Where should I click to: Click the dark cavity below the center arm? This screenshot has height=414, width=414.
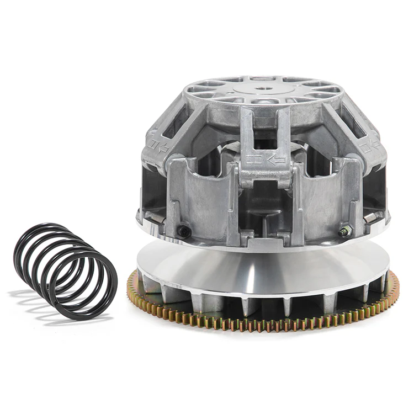[x=264, y=204]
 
